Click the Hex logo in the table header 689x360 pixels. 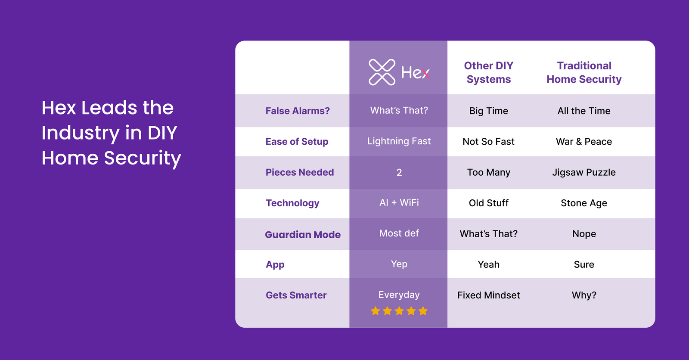click(x=399, y=72)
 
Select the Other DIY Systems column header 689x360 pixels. click(x=488, y=72)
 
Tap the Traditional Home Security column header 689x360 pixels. click(x=584, y=72)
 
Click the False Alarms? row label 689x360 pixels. click(x=298, y=111)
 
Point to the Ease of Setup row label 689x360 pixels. click(x=297, y=142)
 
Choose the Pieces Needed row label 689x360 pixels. click(x=300, y=172)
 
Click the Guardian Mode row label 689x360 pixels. click(x=303, y=234)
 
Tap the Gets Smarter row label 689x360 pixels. click(x=296, y=295)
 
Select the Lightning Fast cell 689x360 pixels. click(x=399, y=141)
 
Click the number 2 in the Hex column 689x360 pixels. click(x=399, y=172)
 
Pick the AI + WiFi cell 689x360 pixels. click(x=399, y=202)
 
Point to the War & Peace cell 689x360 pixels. click(x=584, y=142)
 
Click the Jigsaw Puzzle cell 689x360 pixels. click(x=584, y=172)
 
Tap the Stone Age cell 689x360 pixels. click(x=584, y=203)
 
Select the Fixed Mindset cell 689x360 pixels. click(x=488, y=295)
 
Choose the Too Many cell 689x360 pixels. click(x=488, y=172)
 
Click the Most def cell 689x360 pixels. click(x=399, y=233)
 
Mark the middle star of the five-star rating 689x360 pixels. click(x=399, y=311)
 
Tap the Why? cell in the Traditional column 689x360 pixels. click(x=584, y=295)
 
